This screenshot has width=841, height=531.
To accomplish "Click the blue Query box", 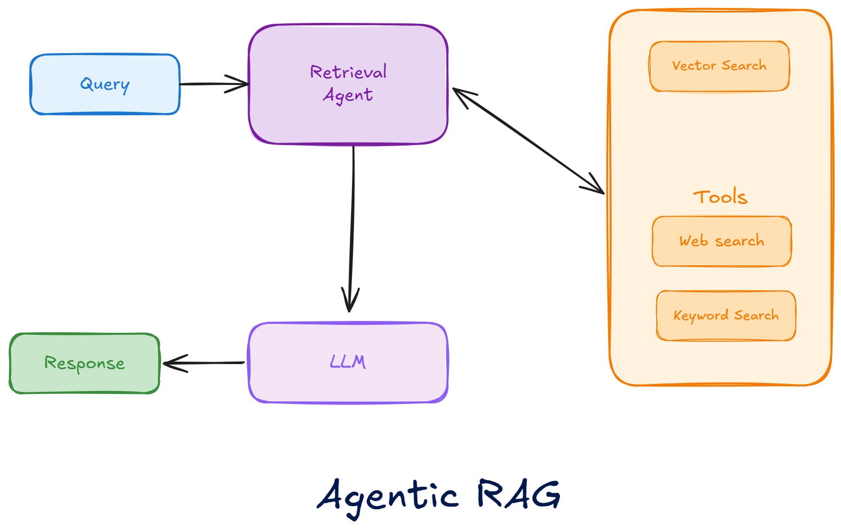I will pos(105,84).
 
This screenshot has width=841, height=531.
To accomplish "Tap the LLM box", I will pos(348,363).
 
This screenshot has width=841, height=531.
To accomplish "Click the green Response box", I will pos(84,364).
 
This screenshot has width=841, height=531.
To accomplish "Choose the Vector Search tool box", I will pos(719,66).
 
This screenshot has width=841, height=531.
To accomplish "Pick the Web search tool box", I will pos(722,241).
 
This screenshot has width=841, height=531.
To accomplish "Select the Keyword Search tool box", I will pos(726,316).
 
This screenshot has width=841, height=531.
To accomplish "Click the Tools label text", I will pos(720,197).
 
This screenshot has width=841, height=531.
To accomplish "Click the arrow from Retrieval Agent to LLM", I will pos(352,224).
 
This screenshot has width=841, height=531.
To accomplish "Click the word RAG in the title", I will pos(519,494).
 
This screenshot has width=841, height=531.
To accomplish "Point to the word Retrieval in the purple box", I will pos(348,73).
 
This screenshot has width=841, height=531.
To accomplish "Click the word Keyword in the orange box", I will pos(701,316).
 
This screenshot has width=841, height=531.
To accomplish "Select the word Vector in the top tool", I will pos(694,66).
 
